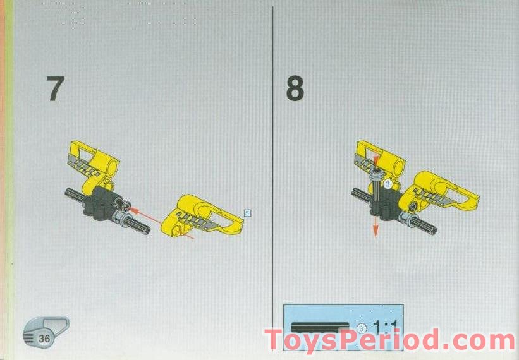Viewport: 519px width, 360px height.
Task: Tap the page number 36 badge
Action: point(44,338)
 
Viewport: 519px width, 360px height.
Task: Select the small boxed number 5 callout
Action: point(247,212)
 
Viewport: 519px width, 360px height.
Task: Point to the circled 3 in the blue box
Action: point(361,327)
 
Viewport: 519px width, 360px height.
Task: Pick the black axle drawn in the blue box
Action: point(320,327)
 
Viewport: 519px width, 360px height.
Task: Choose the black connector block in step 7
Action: point(101,202)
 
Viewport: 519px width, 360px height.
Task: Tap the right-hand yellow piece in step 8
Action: point(443,193)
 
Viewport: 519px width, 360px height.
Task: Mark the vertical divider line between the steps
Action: point(272,158)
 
